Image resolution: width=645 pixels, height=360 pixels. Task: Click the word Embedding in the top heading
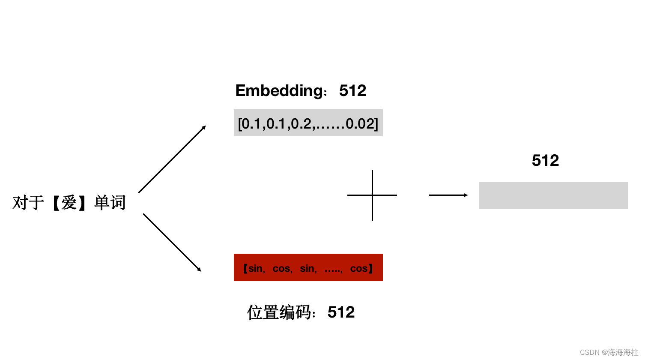[279, 91]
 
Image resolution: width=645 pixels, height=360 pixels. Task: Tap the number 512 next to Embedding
[352, 91]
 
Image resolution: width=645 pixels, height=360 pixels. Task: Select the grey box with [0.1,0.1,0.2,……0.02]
[308, 123]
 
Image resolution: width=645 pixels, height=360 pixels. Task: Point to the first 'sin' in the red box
[255, 269]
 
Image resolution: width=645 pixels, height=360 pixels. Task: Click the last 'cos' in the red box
[359, 269]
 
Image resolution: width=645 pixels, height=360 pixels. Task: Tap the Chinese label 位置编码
[279, 312]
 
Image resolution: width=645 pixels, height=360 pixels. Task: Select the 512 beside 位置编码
[341, 312]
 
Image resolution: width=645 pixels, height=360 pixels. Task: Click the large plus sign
[372, 195]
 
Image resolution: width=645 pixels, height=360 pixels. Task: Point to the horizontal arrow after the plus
[448, 195]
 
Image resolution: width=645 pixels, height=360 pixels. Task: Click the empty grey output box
[553, 195]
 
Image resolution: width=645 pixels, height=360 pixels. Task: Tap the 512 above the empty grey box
[545, 161]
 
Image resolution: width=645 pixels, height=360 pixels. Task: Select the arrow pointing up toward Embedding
[172, 159]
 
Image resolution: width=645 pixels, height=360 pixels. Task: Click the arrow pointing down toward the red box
[172, 243]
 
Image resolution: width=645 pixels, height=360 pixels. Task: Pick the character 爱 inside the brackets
[69, 203]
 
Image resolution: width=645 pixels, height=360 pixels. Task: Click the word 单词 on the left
[110, 203]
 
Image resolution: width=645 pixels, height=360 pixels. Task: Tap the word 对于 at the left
[28, 203]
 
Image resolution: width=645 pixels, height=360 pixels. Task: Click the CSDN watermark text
[609, 352]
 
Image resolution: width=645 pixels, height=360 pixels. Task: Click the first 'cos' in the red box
[281, 269]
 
